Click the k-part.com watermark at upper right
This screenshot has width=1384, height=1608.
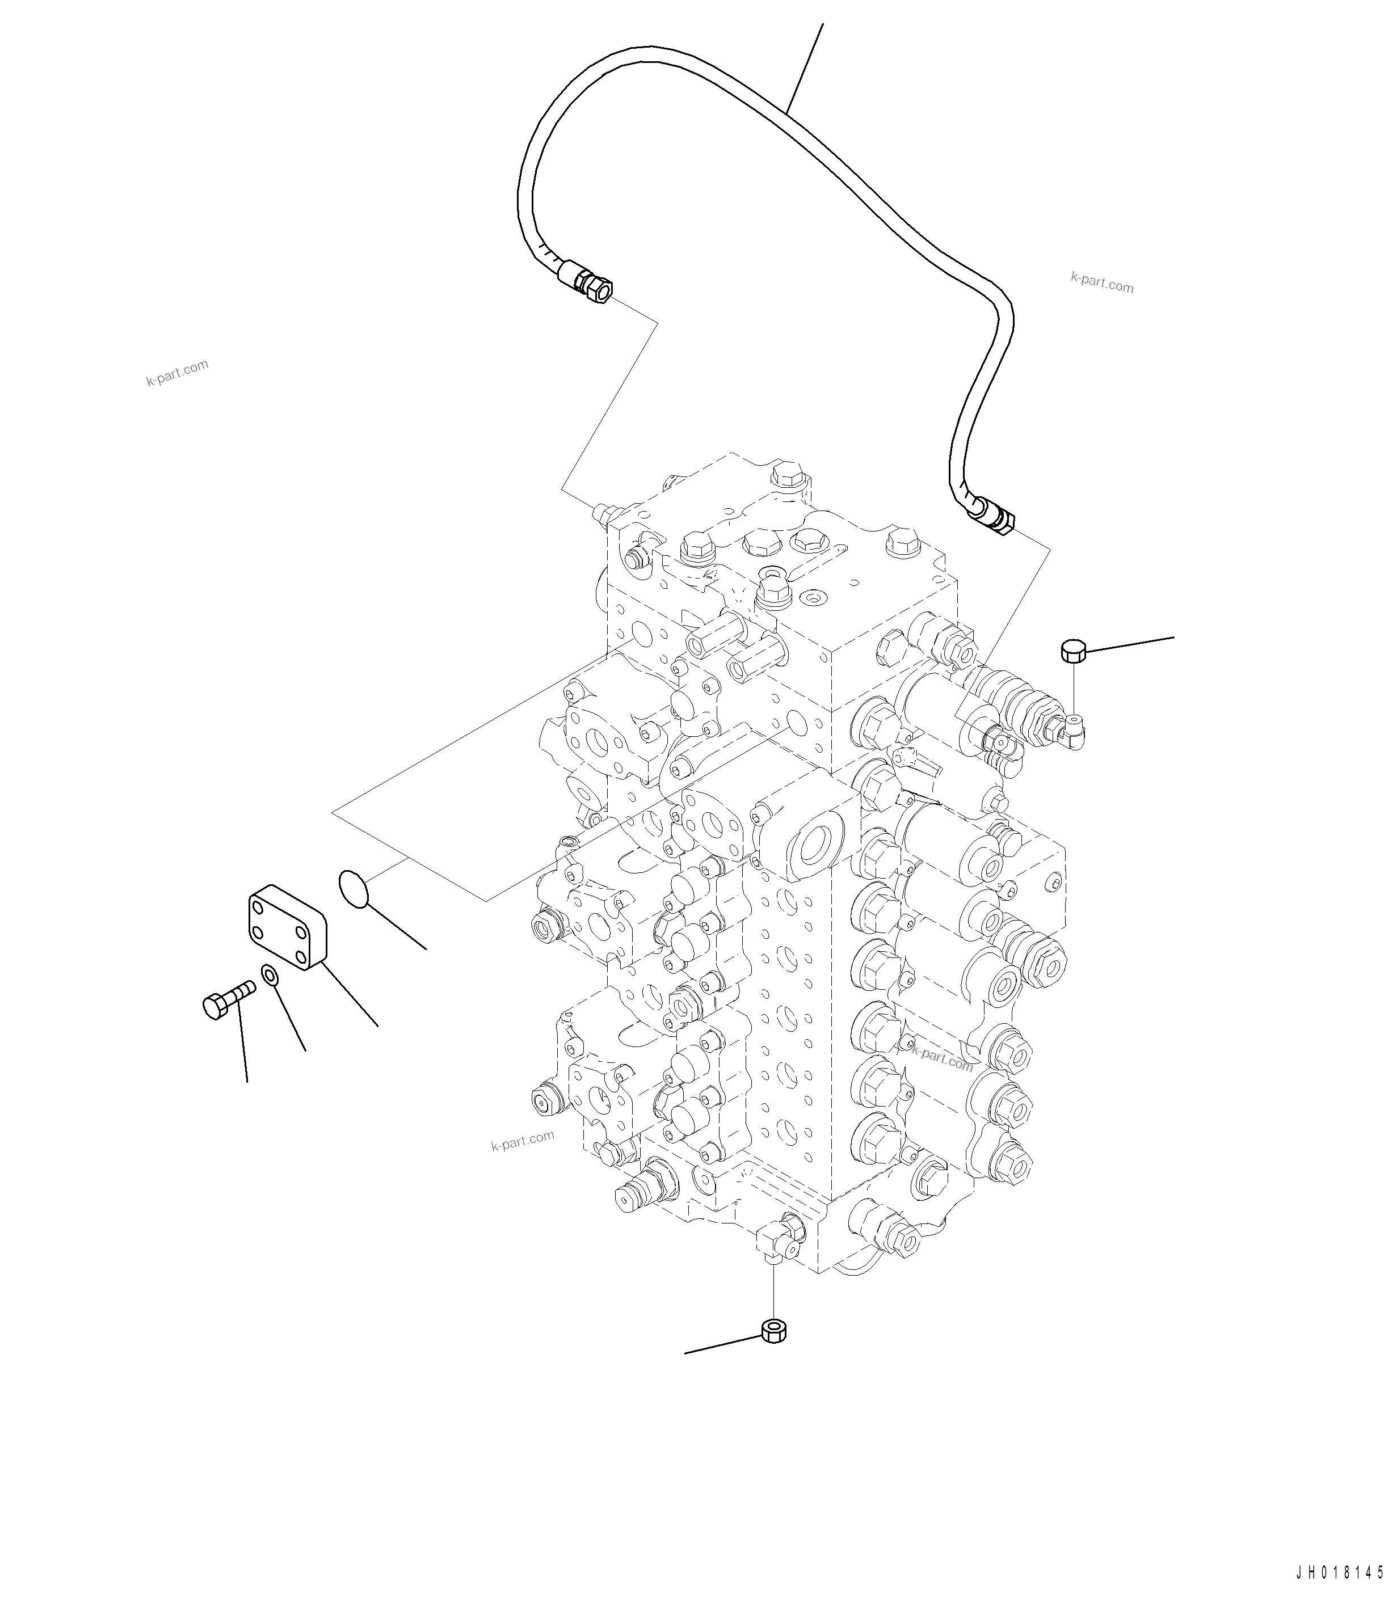1101,282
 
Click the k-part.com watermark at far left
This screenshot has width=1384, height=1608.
177,373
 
